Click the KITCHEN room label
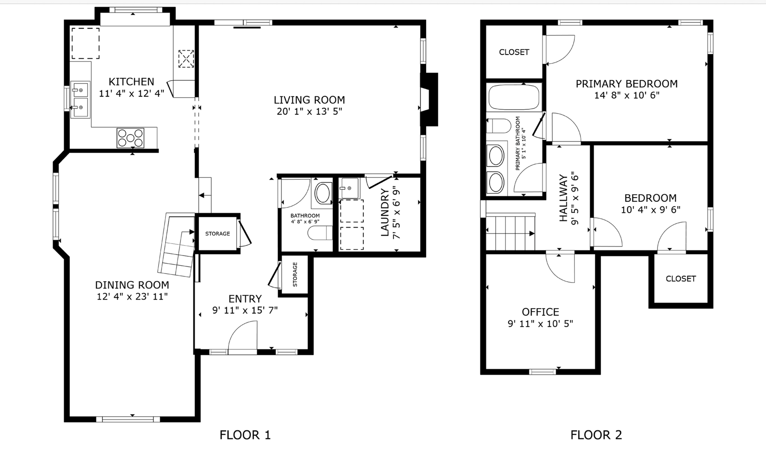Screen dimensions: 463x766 [x=131, y=81]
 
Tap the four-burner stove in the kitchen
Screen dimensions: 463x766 [x=130, y=138]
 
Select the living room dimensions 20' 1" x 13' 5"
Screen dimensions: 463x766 [x=309, y=111]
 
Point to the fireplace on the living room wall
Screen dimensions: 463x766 [x=429, y=99]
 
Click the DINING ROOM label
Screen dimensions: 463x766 [x=132, y=285]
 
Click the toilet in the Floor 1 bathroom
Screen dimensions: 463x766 [x=320, y=233]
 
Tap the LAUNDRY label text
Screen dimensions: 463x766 [x=385, y=213]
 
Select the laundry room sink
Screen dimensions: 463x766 [x=349, y=188]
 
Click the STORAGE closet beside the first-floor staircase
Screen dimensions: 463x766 [x=217, y=234]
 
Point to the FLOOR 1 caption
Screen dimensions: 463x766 [x=245, y=435]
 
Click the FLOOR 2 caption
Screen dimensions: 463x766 [x=596, y=435]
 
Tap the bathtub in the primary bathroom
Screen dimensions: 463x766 [x=514, y=98]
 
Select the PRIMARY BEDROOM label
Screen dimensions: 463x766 [x=626, y=84]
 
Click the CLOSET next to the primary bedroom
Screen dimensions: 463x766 [x=514, y=52]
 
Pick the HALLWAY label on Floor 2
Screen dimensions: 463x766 [x=563, y=198]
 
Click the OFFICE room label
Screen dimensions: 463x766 [x=540, y=312]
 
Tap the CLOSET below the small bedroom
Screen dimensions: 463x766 [x=681, y=279]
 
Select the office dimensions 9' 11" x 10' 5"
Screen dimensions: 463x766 [x=540, y=324]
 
